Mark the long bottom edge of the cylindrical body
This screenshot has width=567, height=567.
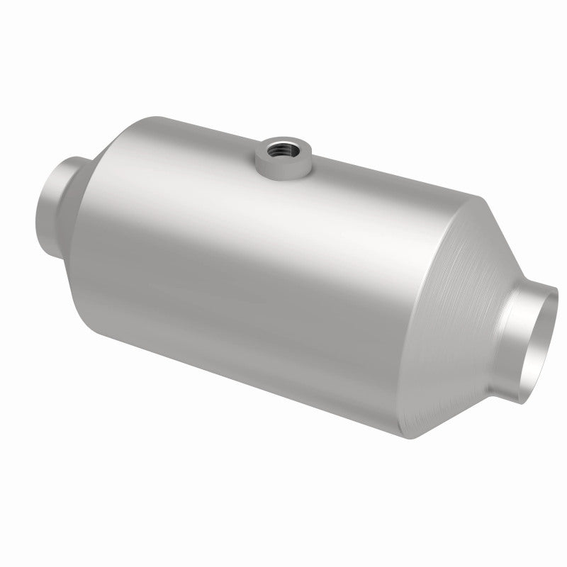click(x=248, y=383)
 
